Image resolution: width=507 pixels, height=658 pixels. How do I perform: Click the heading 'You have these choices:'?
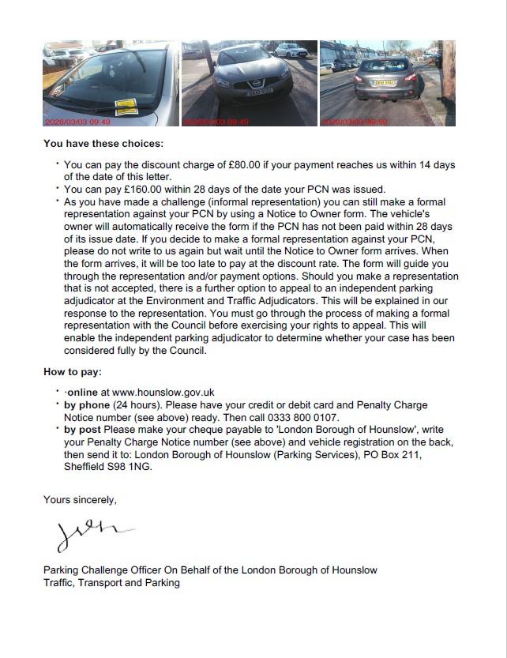[x=103, y=144]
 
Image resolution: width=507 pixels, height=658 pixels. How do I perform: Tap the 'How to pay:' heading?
[x=72, y=371]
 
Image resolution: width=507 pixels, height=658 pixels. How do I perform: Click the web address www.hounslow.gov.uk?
[x=163, y=392]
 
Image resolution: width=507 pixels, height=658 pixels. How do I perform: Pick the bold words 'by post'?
[x=84, y=430]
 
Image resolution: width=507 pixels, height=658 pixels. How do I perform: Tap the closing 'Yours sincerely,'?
[x=80, y=499]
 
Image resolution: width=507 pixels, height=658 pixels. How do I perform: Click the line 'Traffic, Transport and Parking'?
[x=111, y=583]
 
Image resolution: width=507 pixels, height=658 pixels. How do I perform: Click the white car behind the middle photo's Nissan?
[x=290, y=50]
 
